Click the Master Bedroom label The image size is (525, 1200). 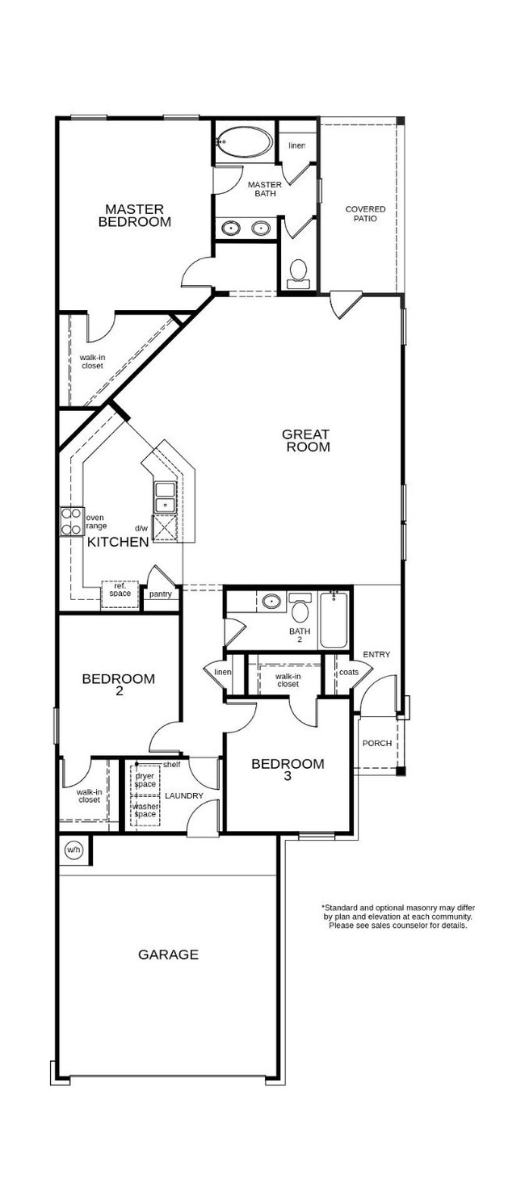click(x=134, y=216)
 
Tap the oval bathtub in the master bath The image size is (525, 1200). click(x=246, y=142)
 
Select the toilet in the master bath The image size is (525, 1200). click(x=297, y=272)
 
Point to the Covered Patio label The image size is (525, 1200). click(x=365, y=214)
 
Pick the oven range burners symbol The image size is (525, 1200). click(x=71, y=521)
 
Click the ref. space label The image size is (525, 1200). click(x=120, y=590)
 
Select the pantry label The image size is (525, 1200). click(x=161, y=594)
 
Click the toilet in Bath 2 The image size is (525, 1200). click(x=300, y=607)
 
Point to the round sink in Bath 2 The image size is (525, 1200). click(x=272, y=602)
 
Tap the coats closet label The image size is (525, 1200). click(x=349, y=673)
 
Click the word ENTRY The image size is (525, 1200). click(x=376, y=654)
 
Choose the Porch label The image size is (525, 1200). click(x=377, y=743)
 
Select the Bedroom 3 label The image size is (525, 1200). click(x=288, y=770)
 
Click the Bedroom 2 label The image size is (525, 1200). click(x=119, y=685)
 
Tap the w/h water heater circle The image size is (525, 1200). click(x=73, y=850)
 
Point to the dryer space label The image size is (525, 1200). click(x=145, y=780)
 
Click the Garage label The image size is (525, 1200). click(x=168, y=955)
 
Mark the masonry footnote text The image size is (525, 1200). click(x=398, y=916)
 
